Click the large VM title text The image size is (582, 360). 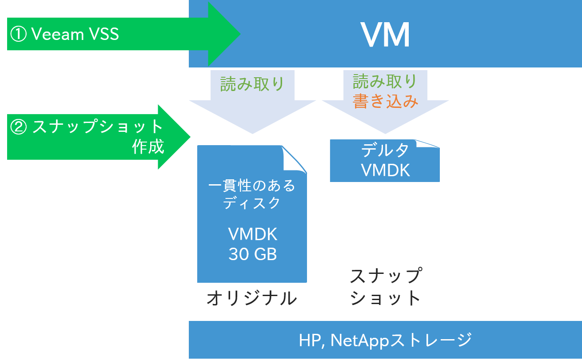[385, 35]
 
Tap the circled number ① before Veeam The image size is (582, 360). [19, 35]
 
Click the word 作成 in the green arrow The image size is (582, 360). [148, 147]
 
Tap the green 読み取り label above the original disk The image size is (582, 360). [252, 84]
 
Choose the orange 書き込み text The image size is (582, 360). [386, 102]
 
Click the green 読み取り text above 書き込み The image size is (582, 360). [385, 82]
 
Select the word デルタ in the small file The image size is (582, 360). [385, 151]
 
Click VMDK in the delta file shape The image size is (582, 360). [385, 170]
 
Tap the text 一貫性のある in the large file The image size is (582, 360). [252, 186]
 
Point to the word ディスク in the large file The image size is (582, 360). [252, 203]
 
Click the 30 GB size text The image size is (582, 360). [252, 254]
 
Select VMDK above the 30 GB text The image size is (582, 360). [252, 234]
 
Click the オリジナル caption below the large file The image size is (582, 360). [252, 299]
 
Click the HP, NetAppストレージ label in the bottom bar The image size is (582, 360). [385, 340]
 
